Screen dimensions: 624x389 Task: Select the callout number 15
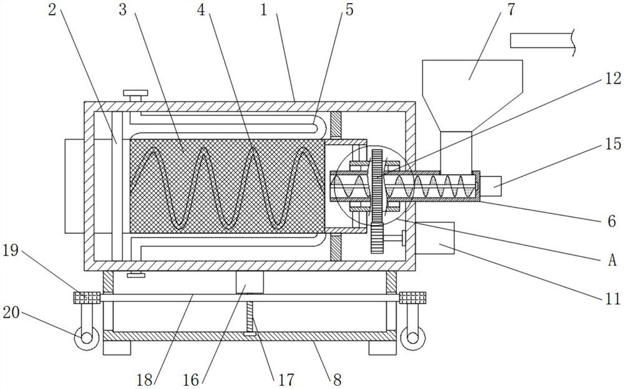pos(613,144)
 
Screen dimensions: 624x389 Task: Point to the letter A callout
pos(612,260)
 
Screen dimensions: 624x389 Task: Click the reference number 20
pos(11,312)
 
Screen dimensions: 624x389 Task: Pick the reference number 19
pos(11,251)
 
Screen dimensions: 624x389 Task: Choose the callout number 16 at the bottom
pos(190,380)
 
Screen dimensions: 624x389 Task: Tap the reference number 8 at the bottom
pos(337,380)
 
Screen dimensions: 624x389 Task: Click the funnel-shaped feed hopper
pos(472,95)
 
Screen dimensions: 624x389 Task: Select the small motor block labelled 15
pos(490,186)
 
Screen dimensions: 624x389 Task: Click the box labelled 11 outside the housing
pos(434,239)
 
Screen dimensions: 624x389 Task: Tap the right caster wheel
pos(413,339)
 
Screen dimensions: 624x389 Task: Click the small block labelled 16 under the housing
pos(250,282)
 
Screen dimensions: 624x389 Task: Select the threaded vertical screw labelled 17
pos(250,317)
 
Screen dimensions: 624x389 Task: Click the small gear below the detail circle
pos(376,239)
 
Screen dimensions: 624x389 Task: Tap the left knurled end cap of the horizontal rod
pos(86,297)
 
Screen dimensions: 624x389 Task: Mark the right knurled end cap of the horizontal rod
pos(412,297)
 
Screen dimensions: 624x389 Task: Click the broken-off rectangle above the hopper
pos(543,41)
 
